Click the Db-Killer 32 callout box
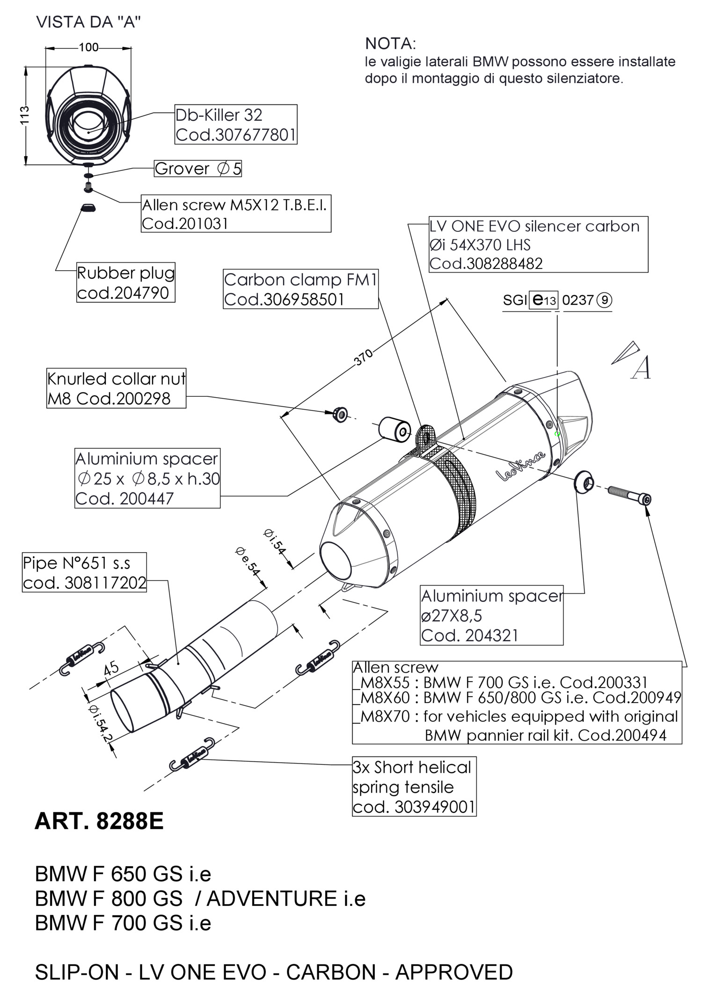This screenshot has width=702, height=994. (236, 124)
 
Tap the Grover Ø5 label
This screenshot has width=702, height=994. (198, 169)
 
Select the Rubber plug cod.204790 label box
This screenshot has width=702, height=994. (125, 282)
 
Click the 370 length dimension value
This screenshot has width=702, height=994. (364, 357)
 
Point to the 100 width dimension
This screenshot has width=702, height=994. (88, 47)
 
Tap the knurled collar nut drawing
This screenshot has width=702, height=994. (340, 414)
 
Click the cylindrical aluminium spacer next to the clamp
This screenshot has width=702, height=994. (395, 429)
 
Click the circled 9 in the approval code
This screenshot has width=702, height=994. (605, 300)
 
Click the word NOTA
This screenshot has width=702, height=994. (390, 44)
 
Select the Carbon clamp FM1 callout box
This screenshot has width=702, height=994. (300, 289)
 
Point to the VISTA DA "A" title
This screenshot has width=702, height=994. (88, 22)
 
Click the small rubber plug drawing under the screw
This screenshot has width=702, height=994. (88, 207)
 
